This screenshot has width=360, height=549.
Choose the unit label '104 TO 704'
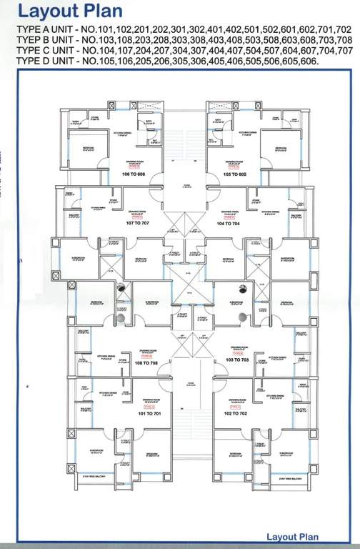(229, 224)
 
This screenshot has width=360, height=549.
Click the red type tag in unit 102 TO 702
(233, 405)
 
